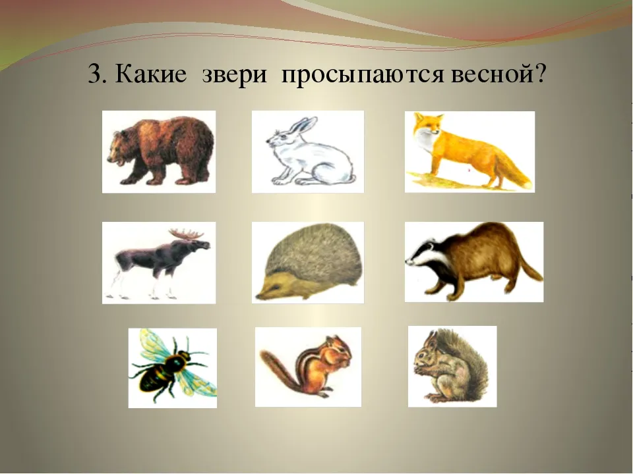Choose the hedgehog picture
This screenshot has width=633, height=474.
tap(308, 263)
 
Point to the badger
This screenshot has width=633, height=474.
tap(474, 261)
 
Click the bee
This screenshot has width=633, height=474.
tap(172, 367)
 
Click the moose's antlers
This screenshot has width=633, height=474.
tap(187, 234)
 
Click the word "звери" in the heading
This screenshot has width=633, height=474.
tap(235, 74)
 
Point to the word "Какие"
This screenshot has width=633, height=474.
tap(151, 74)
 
